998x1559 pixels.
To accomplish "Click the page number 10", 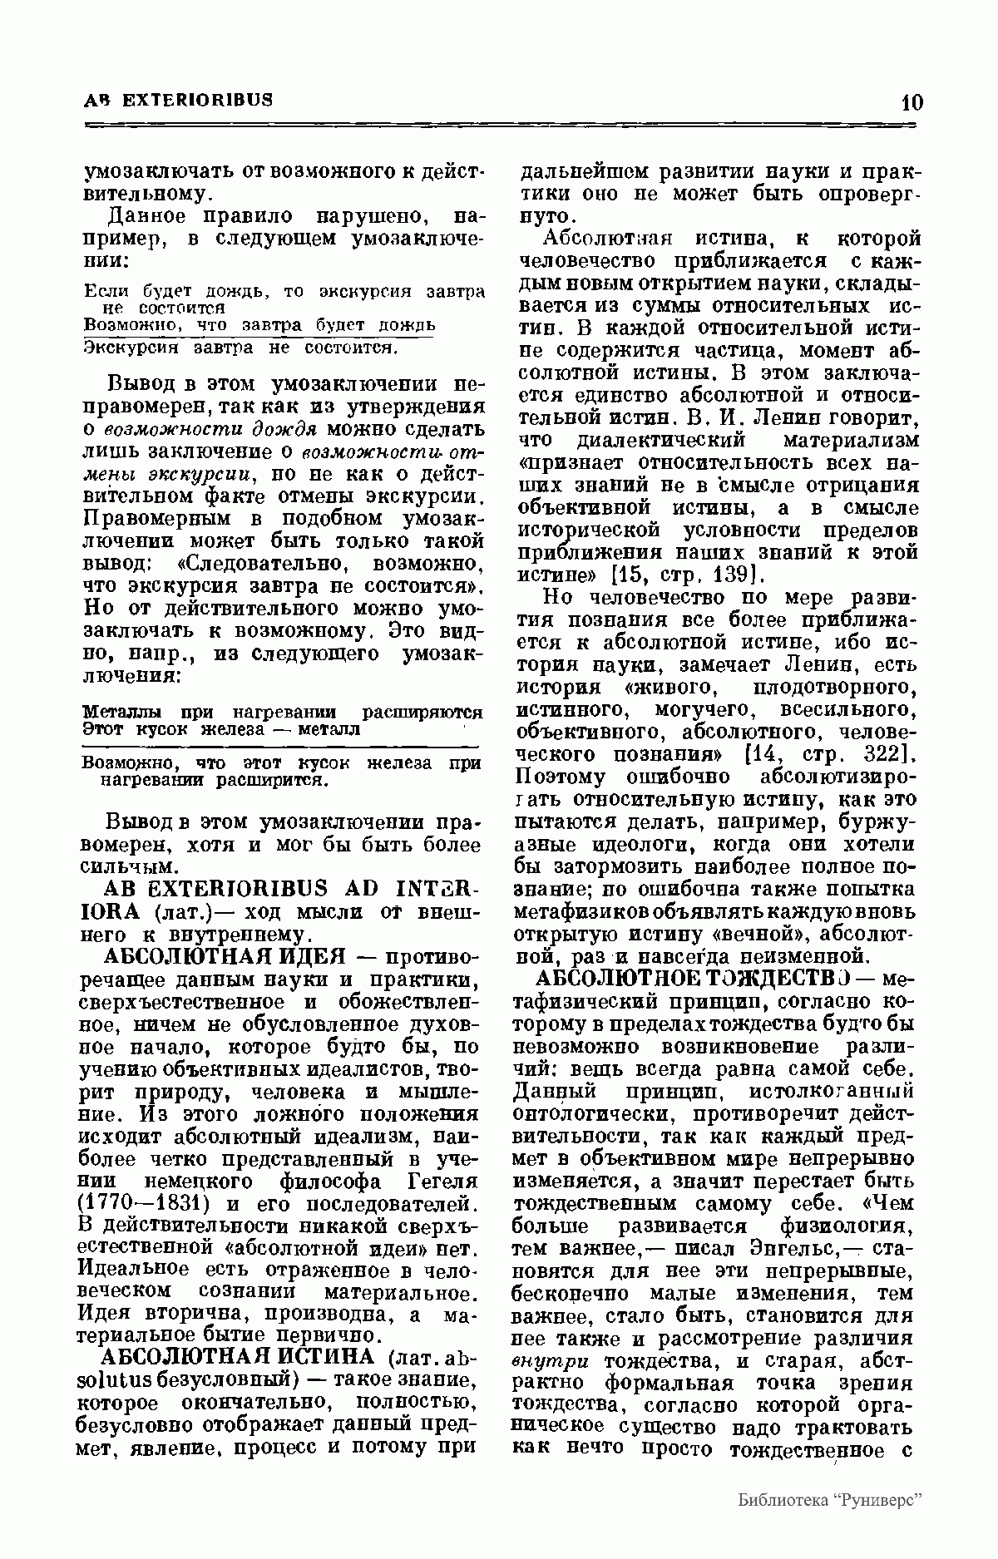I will [912, 102].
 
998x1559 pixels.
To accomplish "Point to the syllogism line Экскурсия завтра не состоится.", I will [242, 347].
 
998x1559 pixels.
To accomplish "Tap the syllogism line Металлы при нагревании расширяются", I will [283, 713].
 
